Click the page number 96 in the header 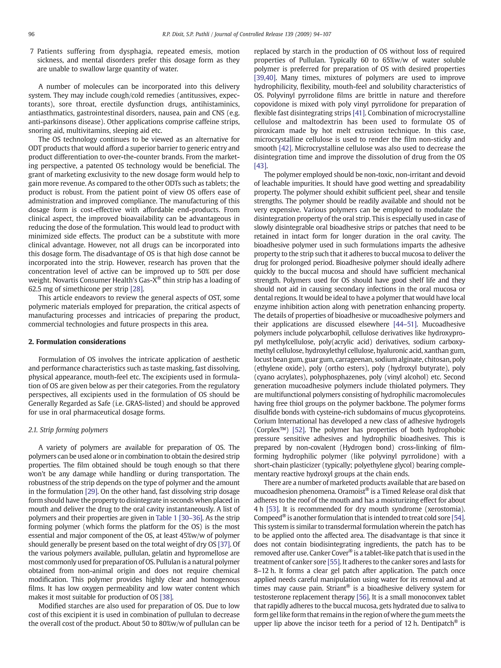click(31, 34)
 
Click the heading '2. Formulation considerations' click(77, 342)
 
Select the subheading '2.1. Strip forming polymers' click(68, 430)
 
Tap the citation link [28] click(136, 289)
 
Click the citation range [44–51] click(405, 324)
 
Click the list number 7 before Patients click(32, 51)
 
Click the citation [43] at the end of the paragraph click(260, 166)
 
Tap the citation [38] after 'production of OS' click(166, 597)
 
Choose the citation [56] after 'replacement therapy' click(362, 597)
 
